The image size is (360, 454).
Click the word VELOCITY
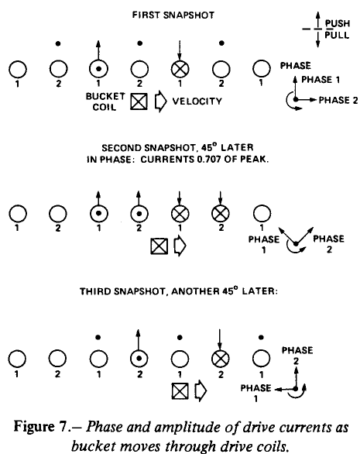click(x=197, y=101)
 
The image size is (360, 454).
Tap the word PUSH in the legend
click(x=338, y=23)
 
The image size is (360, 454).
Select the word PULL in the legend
click(x=337, y=35)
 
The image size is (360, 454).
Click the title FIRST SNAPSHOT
click(x=173, y=15)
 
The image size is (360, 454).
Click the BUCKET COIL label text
click(x=105, y=101)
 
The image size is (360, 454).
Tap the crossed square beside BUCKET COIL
click(x=139, y=101)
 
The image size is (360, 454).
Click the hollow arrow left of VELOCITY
click(x=160, y=101)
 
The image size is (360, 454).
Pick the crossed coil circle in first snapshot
click(x=180, y=70)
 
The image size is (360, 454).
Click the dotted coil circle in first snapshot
click(x=98, y=70)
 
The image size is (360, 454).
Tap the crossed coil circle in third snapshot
click(x=221, y=359)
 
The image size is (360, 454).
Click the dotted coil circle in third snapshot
click(x=139, y=359)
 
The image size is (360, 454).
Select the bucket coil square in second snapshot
click(x=159, y=246)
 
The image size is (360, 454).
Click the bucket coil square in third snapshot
click(x=180, y=391)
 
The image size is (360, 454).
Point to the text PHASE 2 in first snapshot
click(x=338, y=100)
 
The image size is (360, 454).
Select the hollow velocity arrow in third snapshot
click(x=201, y=391)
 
